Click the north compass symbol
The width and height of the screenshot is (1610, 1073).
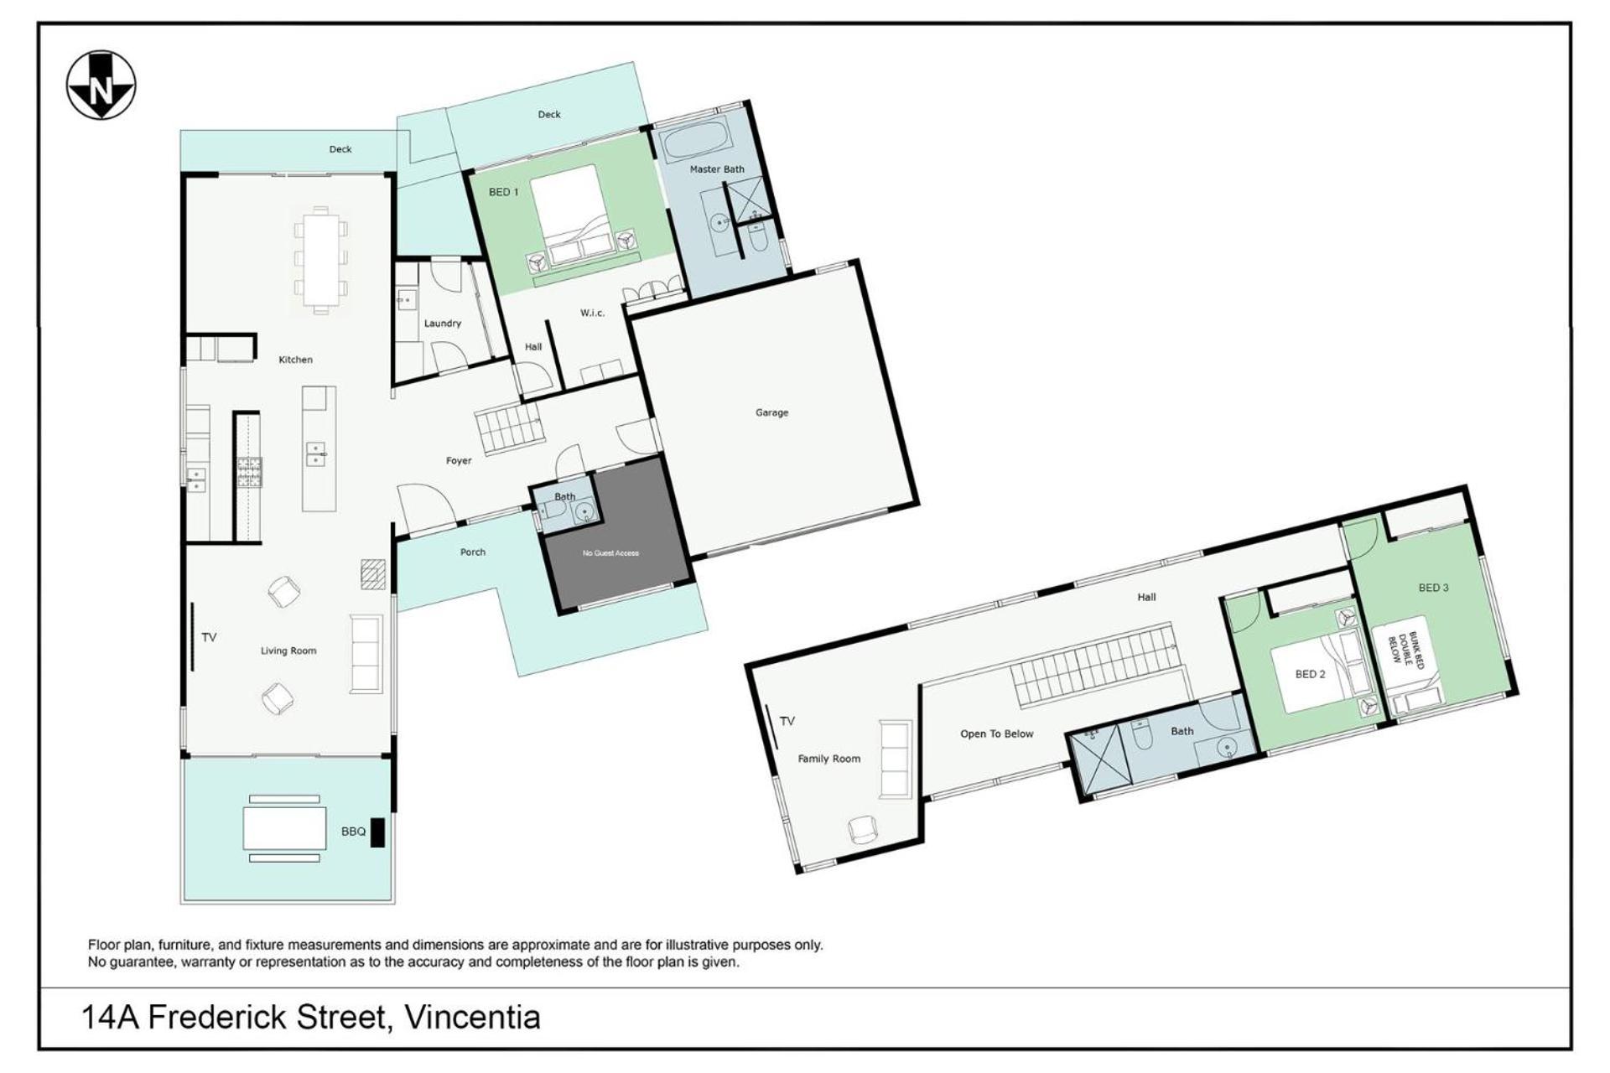click(101, 86)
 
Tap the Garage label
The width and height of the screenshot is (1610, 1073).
click(771, 412)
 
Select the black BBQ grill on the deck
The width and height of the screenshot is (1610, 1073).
click(377, 832)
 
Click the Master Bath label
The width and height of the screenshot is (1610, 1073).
click(717, 169)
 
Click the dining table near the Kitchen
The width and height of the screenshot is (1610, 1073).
click(321, 260)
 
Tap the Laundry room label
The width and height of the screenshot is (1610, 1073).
click(443, 324)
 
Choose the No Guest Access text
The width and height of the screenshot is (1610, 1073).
click(610, 553)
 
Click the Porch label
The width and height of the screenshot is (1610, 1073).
click(473, 552)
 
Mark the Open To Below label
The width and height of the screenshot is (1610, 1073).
click(997, 734)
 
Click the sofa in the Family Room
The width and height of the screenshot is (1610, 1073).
click(896, 759)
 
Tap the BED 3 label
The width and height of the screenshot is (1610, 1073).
click(1434, 588)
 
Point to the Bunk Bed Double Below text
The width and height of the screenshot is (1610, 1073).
click(1405, 651)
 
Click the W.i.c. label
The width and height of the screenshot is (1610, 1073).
click(592, 314)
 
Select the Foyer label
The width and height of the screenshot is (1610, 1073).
click(459, 461)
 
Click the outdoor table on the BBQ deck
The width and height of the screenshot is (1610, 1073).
click(285, 828)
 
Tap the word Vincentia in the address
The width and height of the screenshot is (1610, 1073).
click(472, 1018)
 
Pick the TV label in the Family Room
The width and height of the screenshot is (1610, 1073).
click(787, 721)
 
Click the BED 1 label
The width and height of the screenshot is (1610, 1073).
click(504, 193)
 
